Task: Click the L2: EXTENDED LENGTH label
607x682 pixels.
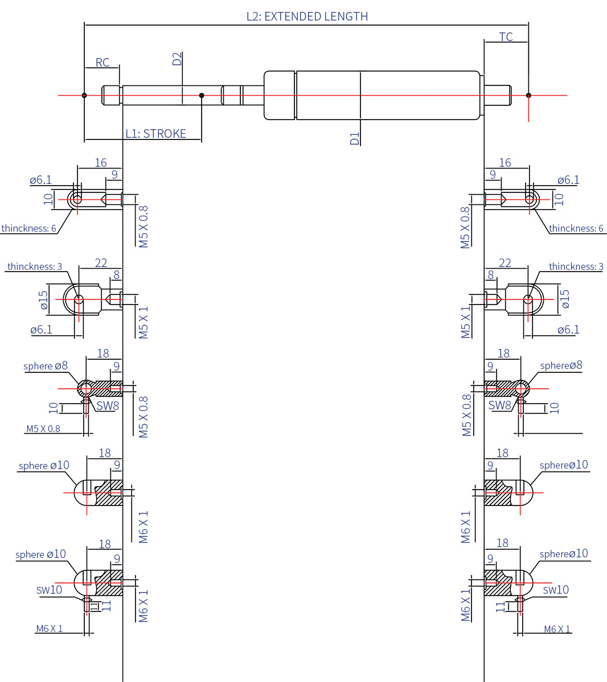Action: click(307, 17)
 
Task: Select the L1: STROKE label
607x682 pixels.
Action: click(155, 134)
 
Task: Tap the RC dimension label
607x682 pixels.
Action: click(102, 63)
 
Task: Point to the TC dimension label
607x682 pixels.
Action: click(506, 37)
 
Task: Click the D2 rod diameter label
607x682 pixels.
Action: click(177, 59)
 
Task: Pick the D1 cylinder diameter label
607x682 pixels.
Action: click(355, 138)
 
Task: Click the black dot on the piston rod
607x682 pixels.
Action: click(202, 95)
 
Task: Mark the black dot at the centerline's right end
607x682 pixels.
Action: click(528, 95)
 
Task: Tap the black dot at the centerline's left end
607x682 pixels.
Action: click(84, 95)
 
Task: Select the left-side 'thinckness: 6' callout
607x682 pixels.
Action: click(28, 228)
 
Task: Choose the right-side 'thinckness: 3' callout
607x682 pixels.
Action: click(576, 266)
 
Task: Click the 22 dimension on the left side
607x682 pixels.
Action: click(101, 263)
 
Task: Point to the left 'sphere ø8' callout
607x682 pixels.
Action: click(46, 366)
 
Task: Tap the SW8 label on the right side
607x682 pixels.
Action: click(499, 405)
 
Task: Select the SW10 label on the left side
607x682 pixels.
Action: click(49, 590)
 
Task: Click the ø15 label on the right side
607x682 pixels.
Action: click(565, 299)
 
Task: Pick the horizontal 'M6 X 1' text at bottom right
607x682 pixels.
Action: click(557, 629)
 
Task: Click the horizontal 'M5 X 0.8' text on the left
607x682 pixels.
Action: click(43, 429)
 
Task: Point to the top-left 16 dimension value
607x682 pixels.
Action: click(101, 163)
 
